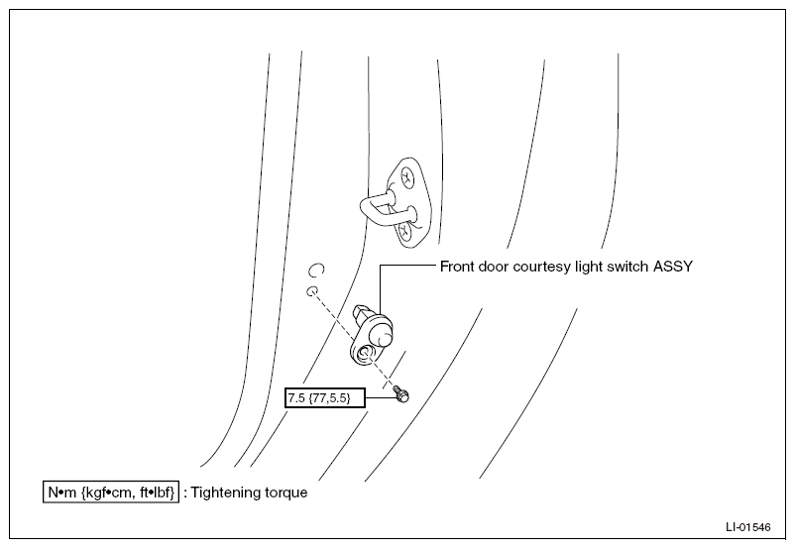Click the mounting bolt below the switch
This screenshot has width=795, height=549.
point(401,393)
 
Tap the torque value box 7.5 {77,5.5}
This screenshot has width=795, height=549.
point(324,398)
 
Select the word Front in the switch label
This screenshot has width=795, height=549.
point(455,267)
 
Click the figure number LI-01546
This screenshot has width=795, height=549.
point(747,527)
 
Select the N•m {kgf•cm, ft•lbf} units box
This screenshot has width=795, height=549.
point(111,493)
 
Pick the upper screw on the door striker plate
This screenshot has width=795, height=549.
point(406,177)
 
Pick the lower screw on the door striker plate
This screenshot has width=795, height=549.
point(405,233)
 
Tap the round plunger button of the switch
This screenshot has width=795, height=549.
point(381,335)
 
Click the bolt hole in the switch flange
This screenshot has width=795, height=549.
point(365,354)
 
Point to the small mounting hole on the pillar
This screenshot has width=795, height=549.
point(312,291)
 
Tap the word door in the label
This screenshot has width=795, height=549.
point(492,267)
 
